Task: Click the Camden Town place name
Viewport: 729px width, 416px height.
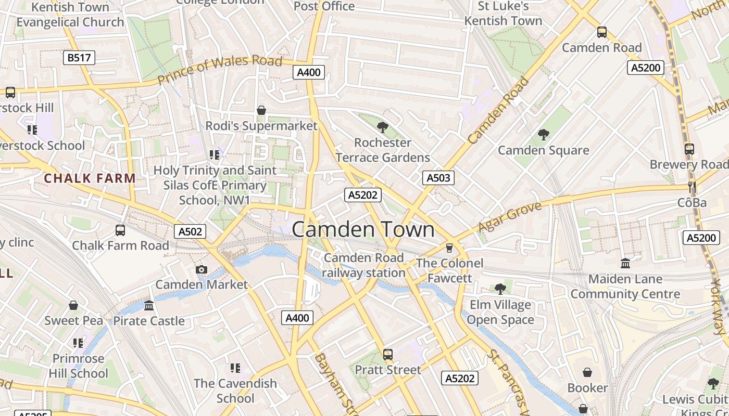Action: pos(363,229)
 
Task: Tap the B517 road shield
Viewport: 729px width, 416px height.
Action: pos(79,58)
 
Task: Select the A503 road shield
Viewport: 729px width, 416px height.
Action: pos(438,178)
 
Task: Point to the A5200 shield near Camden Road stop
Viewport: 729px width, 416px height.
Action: pos(646,68)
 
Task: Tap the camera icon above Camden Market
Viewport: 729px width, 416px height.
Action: pos(202,269)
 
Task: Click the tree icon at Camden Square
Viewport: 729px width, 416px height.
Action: pos(544,135)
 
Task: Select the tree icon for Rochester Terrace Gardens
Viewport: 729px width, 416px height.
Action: pos(383,127)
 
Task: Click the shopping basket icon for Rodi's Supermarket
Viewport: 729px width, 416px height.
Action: pos(261,110)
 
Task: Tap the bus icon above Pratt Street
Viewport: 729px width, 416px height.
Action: pos(388,355)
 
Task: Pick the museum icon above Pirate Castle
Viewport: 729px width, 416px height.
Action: pos(149,305)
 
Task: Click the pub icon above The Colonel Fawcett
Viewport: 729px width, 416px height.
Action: pos(449,248)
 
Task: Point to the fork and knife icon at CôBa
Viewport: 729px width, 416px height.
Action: pos(692,187)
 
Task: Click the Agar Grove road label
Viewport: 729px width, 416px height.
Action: pos(510,217)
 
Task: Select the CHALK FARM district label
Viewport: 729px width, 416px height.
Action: pos(90,178)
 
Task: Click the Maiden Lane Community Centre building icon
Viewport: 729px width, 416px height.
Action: pos(625,264)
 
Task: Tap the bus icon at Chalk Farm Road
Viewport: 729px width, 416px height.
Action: pos(120,230)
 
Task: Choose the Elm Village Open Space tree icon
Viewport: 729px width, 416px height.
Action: pos(500,289)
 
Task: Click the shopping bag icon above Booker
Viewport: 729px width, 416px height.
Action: pos(587,372)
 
